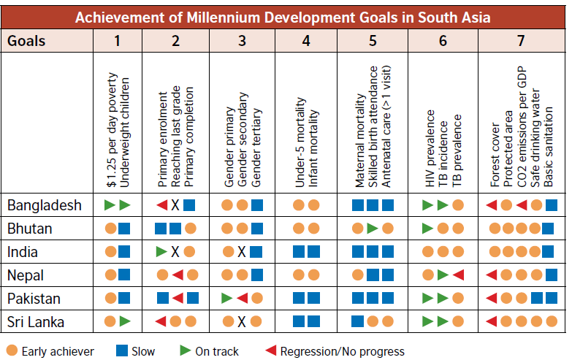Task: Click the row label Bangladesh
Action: pos(45,205)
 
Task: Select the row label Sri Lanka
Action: pos(36,322)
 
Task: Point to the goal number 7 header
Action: pos(520,39)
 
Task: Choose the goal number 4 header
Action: pos(306,39)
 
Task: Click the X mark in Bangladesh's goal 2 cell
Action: pos(175,205)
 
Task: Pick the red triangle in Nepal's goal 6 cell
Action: pos(458,275)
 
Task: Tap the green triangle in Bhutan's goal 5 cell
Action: pos(373,229)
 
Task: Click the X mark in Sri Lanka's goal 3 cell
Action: pos(243,322)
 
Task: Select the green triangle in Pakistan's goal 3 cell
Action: pos(227,299)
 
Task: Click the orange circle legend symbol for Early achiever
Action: pos(11,351)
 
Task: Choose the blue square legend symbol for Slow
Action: pos(122,351)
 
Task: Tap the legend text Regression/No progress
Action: pos(342,351)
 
